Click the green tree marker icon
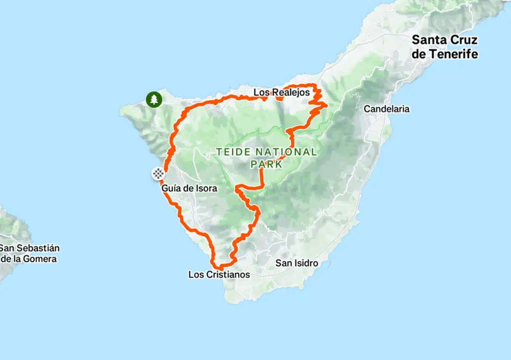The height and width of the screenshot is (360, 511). (x=154, y=99)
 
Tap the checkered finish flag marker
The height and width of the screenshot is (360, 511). (x=158, y=174)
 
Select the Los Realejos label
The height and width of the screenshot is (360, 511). (x=281, y=93)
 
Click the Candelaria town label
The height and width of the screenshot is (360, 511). (x=386, y=109)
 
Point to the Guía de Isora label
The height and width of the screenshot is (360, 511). (x=189, y=188)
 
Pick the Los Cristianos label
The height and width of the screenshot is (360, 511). (x=219, y=274)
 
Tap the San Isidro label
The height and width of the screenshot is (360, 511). (x=296, y=263)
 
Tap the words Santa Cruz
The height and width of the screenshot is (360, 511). (x=444, y=40)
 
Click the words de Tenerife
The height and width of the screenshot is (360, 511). (x=445, y=54)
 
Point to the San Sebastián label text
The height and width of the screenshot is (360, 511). (x=30, y=248)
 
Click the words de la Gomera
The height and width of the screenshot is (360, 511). (x=29, y=259)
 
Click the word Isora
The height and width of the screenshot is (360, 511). (x=206, y=188)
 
